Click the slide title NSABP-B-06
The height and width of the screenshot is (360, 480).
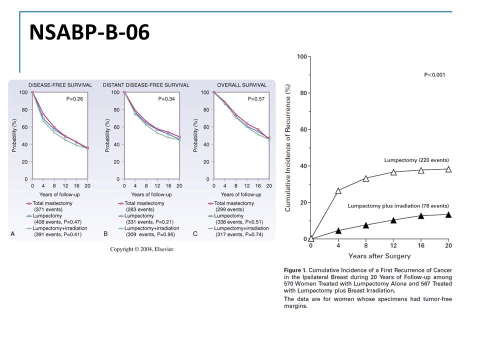(89, 32)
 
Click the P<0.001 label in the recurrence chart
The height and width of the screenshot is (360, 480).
(434, 75)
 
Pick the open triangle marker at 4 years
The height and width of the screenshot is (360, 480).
(338, 190)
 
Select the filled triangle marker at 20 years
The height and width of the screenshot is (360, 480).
(448, 214)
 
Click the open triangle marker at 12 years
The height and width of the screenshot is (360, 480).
(393, 172)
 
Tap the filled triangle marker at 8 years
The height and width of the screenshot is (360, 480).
(366, 225)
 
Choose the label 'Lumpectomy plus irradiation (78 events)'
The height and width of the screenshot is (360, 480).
(398, 206)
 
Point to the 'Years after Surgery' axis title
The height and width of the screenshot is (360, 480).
(379, 256)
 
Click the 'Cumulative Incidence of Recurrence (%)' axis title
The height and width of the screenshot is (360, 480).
(288, 147)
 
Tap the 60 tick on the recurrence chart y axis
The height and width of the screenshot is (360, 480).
(302, 129)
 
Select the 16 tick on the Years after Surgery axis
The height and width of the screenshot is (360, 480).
(421, 245)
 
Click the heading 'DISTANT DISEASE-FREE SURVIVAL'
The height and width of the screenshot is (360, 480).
(146, 85)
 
